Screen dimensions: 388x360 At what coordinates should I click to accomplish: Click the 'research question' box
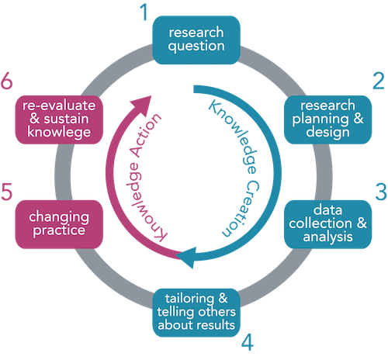point(196,40)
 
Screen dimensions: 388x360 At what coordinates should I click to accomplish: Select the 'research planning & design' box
point(327,119)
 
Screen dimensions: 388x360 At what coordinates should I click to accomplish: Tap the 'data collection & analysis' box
point(327,224)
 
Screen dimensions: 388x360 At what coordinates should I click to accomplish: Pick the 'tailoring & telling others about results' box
point(196,313)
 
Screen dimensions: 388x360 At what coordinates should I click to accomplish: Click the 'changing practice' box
point(59,224)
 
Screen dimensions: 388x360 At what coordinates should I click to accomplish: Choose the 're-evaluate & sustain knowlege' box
point(59,119)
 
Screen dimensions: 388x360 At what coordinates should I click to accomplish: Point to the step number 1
point(144,12)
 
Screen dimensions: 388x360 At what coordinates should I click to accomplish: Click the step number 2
point(379,81)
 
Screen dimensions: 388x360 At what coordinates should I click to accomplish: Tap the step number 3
point(381,192)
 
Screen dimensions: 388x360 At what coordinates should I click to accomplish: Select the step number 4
point(248,342)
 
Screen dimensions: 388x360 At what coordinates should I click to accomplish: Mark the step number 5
point(6,192)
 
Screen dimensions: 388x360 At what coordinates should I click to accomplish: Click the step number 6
point(6,81)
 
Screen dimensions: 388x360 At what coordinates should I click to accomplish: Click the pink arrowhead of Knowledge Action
point(141,106)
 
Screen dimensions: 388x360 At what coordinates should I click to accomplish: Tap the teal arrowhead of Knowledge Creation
point(187,258)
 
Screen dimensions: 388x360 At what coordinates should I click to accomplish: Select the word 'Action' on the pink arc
point(146,135)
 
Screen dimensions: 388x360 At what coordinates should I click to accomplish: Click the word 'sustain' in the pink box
point(66,119)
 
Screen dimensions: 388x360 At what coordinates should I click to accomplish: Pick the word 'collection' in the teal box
point(320,223)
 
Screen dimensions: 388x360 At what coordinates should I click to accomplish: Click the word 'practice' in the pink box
point(59,230)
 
